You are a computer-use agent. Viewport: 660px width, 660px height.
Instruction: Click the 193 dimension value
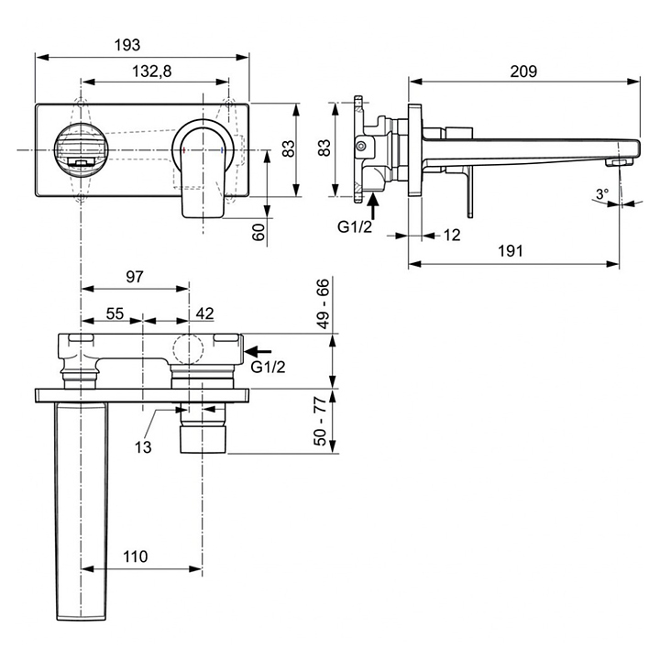click(x=127, y=45)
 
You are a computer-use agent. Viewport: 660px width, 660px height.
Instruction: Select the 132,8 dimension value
click(x=152, y=71)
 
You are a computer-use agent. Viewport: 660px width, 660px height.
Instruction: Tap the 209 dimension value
click(x=523, y=71)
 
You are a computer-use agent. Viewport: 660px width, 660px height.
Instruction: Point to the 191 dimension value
click(x=511, y=251)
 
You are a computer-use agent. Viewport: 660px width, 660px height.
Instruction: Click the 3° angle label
click(x=602, y=194)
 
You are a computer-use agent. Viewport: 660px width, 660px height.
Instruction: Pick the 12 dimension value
click(x=452, y=235)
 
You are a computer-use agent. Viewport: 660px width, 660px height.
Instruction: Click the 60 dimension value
click(x=259, y=232)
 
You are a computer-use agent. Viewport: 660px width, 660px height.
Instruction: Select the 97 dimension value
click(x=135, y=277)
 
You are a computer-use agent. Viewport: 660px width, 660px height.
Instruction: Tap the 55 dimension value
click(x=115, y=313)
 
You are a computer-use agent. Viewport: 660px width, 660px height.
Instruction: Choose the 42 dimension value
click(x=205, y=313)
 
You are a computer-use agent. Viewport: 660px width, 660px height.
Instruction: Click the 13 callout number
click(x=143, y=447)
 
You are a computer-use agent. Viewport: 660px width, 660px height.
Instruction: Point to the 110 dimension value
click(x=135, y=556)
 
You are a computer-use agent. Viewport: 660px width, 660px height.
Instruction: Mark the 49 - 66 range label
click(x=324, y=303)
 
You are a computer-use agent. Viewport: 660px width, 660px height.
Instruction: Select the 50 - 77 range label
click(x=321, y=421)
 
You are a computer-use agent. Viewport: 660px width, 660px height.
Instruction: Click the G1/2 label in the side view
click(x=355, y=227)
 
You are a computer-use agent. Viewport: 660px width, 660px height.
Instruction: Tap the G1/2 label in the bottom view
click(x=268, y=367)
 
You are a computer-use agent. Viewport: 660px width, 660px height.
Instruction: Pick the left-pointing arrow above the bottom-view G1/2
click(x=258, y=350)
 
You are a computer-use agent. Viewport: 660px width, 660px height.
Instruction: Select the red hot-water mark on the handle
click(x=184, y=149)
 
